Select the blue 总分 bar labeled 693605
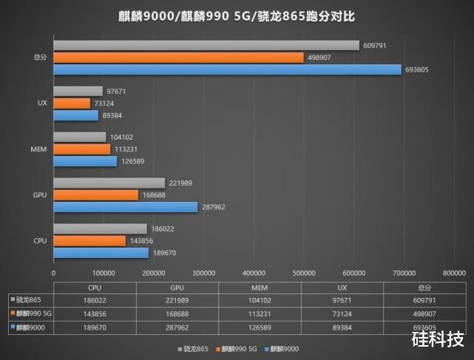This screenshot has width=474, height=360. coord(227,69)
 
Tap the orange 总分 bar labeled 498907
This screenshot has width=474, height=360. coord(178,58)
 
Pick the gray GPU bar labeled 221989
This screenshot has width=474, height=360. coord(109,183)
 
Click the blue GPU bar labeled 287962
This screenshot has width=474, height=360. coord(126,207)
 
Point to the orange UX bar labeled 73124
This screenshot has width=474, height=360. coord(72,103)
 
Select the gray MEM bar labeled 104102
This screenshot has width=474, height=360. coord(79,137)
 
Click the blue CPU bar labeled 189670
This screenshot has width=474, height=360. coord(101,253)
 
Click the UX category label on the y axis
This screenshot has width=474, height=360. coord(42,103)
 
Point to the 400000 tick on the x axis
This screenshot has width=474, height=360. coord(254,273)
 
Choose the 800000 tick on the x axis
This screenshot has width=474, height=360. coord(453,273)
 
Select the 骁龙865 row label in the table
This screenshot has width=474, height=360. coord(29,299)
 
